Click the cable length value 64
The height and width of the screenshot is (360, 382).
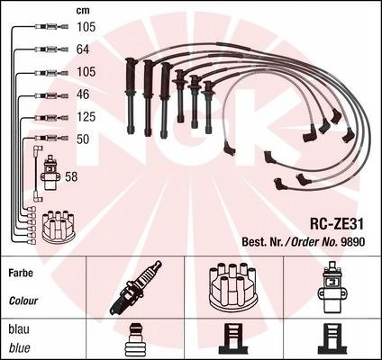83,49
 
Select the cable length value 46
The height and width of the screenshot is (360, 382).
83,94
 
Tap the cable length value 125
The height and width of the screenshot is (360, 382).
86,117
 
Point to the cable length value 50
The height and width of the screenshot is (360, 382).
83,139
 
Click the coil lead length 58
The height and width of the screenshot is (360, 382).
71,176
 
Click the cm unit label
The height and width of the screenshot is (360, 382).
83,11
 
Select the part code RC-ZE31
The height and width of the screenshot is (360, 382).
337,224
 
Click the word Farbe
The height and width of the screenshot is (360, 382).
21,273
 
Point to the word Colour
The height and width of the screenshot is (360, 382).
23,301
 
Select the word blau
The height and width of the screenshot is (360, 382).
19,329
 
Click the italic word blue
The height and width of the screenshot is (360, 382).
20,348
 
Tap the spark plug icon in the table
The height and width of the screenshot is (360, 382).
135,288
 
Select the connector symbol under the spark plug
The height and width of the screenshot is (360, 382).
134,338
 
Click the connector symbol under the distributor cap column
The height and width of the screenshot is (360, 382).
233,338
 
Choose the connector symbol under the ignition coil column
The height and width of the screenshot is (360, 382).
332,338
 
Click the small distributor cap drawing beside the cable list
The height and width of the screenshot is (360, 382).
59,227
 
